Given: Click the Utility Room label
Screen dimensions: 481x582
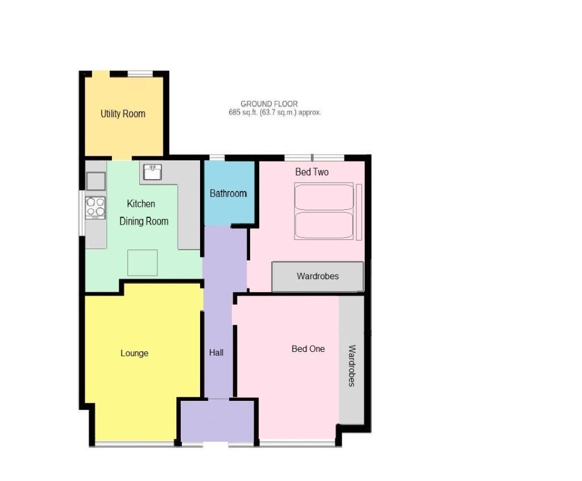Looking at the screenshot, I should coord(123,114).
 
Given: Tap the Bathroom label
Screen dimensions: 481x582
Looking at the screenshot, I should coord(228,193).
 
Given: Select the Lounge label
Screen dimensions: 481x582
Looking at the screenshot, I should coord(134,353).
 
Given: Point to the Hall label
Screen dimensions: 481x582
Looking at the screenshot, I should coord(216,353).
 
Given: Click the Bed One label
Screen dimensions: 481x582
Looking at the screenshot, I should coord(308,349).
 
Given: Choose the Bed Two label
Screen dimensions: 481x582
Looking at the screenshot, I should coord(311,172).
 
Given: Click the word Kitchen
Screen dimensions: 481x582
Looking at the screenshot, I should coord(140,204).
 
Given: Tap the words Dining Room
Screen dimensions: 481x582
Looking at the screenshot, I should coord(144,221).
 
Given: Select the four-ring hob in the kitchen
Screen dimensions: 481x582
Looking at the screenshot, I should coord(95,208).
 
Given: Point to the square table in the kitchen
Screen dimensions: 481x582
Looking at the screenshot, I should coord(142,263).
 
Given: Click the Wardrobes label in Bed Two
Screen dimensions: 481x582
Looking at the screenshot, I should coord(317,276).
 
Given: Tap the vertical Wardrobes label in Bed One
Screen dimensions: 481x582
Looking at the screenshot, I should coord(352,366).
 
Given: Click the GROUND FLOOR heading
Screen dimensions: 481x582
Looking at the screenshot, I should coord(269,104).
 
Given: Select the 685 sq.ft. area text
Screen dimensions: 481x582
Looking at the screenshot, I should coord(275,113).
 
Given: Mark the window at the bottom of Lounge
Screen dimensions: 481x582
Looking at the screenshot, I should coord(135,443).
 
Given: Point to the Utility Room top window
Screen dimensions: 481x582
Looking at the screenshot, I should coord(140,73).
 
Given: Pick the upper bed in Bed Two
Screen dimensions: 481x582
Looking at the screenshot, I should coord(324,197).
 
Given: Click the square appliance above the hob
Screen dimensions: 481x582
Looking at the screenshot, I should coord(95,181).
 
